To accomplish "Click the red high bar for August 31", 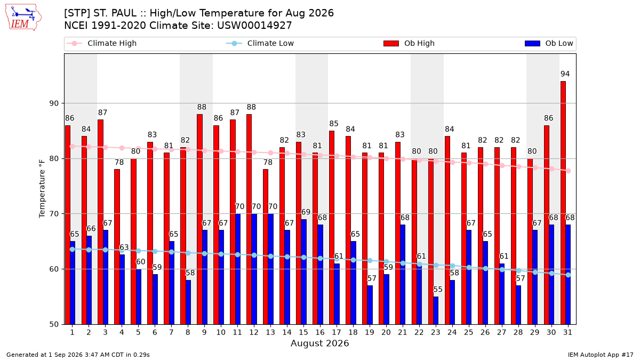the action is click(x=563, y=203).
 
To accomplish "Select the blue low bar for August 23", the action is click(x=436, y=310).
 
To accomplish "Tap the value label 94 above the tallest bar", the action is click(x=565, y=74).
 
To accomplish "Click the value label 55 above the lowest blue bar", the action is click(x=438, y=290).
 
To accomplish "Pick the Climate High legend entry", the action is click(x=102, y=43).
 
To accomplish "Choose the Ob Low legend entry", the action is click(x=549, y=43).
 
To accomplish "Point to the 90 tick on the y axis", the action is click(x=54, y=103).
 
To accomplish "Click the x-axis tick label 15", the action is click(x=303, y=332).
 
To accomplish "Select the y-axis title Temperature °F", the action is click(x=42, y=189).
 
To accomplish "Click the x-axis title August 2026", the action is click(x=319, y=343).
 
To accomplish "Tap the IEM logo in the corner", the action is click(x=23, y=18).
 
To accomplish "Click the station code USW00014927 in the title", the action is click(x=254, y=26).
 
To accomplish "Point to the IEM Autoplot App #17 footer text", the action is click(x=601, y=355).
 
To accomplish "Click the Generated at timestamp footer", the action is click(x=78, y=355).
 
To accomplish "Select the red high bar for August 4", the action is click(x=117, y=247).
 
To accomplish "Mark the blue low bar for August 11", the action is click(x=237, y=269).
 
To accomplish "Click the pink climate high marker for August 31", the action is click(x=569, y=171).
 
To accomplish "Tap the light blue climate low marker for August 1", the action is click(x=73, y=250).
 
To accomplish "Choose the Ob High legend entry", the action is click(x=409, y=43).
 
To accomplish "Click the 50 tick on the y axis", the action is click(x=54, y=325).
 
